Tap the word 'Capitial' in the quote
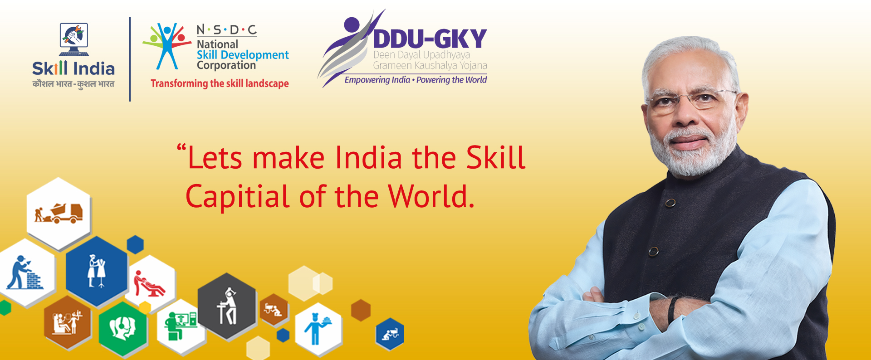pos(237,197)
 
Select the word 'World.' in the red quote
pos(431,196)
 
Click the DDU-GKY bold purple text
pos(430,39)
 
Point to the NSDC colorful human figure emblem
pos(166,46)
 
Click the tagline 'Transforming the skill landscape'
pos(220,83)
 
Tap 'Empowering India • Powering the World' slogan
pos(416,80)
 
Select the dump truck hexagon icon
pos(59,213)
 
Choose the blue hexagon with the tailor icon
pos(97,271)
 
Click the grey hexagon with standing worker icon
pos(227,306)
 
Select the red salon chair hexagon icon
pos(150,284)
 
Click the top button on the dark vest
pos(670,203)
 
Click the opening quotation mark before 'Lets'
pos(181,147)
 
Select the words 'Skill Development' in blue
pos(243,55)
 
